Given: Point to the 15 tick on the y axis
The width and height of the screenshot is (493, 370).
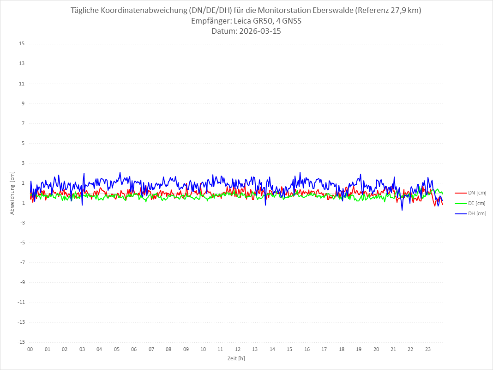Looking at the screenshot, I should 22,44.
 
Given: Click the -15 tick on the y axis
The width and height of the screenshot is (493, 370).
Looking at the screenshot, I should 21,342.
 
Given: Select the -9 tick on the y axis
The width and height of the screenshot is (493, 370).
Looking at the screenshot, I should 22,282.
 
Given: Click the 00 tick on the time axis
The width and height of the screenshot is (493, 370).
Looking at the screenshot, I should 30,349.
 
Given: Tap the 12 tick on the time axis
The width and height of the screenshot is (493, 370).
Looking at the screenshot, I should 238,349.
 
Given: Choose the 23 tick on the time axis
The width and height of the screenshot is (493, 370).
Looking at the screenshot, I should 428,349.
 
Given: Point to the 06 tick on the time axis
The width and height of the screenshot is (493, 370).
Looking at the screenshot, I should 134,349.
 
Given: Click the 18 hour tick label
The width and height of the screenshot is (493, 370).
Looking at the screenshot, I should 342,349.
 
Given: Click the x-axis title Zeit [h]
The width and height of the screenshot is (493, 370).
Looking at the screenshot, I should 236,358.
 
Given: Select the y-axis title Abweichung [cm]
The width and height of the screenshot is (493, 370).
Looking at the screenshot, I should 12,193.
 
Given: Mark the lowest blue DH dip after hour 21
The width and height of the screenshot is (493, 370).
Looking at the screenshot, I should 402,210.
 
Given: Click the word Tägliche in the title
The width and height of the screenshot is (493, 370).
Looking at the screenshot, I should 86,10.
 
